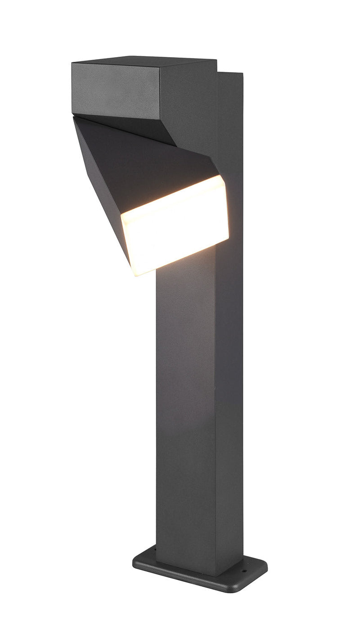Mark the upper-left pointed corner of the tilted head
[74, 118]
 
